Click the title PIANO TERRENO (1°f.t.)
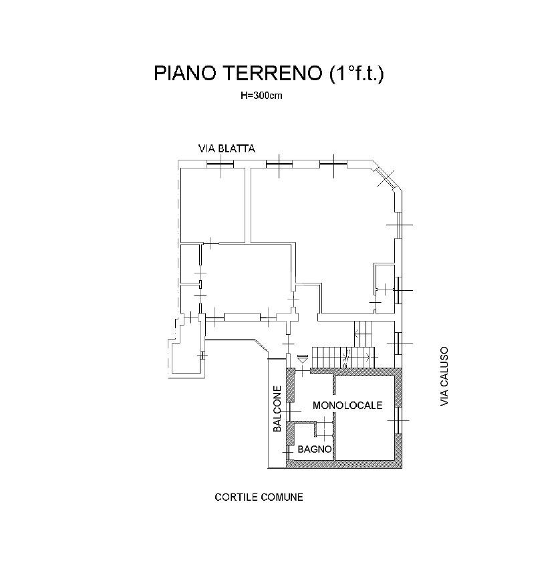(269, 73)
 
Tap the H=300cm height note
(261, 96)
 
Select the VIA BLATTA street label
(227, 148)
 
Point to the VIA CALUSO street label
(444, 376)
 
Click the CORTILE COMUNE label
(259, 497)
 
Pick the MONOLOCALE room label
(347, 405)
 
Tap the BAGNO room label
(315, 449)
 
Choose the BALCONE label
(277, 408)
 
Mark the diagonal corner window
(386, 179)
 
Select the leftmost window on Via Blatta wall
(221, 164)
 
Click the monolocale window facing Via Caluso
(398, 421)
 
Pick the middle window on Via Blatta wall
(279, 164)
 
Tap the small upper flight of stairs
(362, 334)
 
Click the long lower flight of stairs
(343, 357)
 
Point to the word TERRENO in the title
(273, 73)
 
